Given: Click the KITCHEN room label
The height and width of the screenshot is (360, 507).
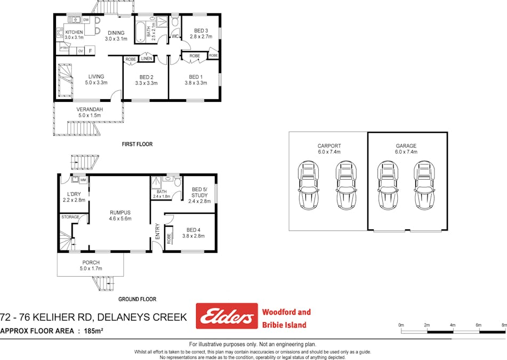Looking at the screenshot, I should (x=74, y=32).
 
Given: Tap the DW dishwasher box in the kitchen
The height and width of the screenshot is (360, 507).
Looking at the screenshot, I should (x=86, y=20).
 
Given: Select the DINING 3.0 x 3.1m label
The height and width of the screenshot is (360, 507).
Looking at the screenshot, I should (x=116, y=35).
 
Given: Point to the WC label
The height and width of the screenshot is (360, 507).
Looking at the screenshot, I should (x=175, y=37).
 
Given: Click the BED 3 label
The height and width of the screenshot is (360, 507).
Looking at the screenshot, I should (x=200, y=30).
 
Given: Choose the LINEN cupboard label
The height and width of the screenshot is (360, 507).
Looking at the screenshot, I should (x=147, y=59).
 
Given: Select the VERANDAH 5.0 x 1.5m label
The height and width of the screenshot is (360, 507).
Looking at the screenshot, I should (x=89, y=111).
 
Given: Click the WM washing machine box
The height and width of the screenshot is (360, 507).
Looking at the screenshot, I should (x=83, y=180).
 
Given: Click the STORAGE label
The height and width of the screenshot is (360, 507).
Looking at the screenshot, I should (x=70, y=217).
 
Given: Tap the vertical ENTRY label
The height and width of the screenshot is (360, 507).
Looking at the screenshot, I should (x=157, y=230).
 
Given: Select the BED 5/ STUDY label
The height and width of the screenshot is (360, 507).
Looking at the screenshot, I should (x=200, y=192).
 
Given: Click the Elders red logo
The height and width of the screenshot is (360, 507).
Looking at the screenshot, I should (x=226, y=316).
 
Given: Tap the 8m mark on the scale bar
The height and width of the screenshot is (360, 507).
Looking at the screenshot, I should (x=504, y=325).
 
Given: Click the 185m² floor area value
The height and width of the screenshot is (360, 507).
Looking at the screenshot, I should (x=93, y=331).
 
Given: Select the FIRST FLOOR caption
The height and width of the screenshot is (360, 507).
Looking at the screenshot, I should (x=136, y=144).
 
